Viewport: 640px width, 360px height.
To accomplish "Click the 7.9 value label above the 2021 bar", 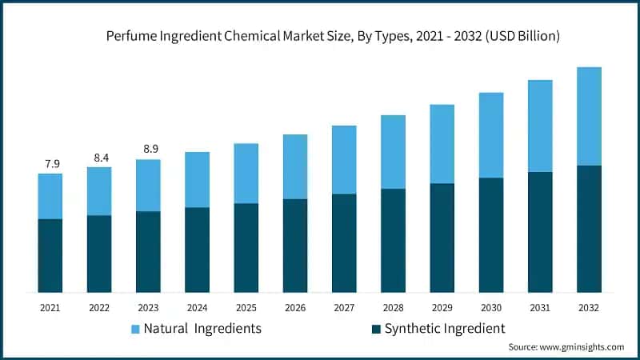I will pos(52,164).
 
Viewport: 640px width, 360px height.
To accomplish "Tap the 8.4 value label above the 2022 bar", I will pos(101,158).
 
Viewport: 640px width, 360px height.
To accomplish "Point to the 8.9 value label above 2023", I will pos(150,150).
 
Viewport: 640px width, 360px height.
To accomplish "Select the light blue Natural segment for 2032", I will pos(589,116).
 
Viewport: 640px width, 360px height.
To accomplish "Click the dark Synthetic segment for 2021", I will pos(50,255).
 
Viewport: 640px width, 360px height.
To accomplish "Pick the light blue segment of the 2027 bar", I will pos(344,159).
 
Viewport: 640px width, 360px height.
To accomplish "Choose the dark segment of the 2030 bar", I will pos(491,234).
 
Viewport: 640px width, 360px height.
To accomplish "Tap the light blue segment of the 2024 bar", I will pos(198,179).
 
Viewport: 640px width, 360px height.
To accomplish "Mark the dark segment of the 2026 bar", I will pos(295,245).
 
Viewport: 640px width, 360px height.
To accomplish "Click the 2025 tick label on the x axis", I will pos(246,307).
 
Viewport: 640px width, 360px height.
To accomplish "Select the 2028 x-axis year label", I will pos(393,307).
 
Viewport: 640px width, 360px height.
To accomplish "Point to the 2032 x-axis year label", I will pos(589,307).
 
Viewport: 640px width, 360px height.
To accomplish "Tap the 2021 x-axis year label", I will pos(50,307).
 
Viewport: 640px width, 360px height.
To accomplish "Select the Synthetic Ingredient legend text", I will pos(445,328).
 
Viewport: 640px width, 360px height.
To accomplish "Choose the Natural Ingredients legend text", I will pos(202,328).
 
